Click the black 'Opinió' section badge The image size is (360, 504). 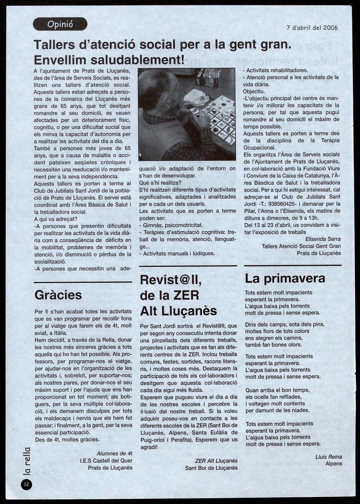[x=60, y=24]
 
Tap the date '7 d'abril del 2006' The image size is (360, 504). [x=312, y=28]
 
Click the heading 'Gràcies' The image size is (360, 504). [x=58, y=295]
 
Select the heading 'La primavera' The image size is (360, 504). [x=285, y=278]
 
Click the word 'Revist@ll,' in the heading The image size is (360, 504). [x=171, y=280]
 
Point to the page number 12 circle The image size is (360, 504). [x=26, y=484]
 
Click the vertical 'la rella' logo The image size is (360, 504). [x=27, y=461]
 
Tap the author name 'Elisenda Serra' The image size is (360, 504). [x=323, y=239]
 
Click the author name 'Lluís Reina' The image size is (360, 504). [x=329, y=457]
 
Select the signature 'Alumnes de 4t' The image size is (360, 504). [x=114, y=453]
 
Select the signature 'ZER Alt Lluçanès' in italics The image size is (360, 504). [x=216, y=461]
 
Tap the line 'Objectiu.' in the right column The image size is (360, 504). [x=254, y=91]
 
